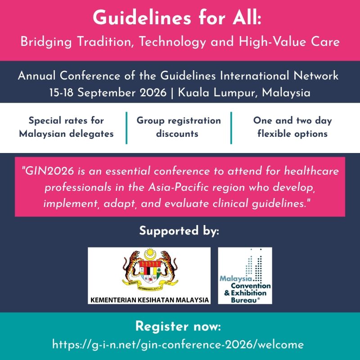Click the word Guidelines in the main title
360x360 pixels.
tap(142, 18)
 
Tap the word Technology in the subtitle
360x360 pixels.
tap(172, 42)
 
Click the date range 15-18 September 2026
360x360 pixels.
tap(108, 93)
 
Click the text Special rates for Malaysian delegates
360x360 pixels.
tap(66, 127)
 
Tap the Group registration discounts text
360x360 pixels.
tap(179, 127)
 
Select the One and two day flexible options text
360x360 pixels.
tap(292, 127)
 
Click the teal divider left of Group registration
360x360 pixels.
tap(126, 128)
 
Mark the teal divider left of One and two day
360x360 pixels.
tap(231, 128)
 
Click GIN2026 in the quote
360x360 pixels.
tap(48, 171)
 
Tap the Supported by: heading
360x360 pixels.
tap(179, 231)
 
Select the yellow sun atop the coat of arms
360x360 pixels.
tap(150, 253)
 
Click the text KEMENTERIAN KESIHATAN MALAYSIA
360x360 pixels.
tap(149, 300)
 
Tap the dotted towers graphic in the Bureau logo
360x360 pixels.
tap(254, 265)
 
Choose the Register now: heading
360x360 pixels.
tap(178, 326)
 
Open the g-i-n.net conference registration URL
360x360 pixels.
tap(178, 344)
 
